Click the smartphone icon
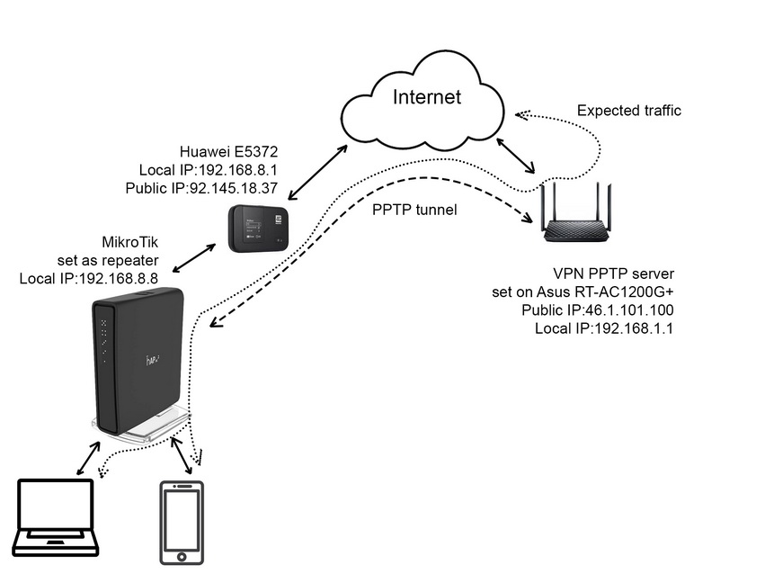[181, 523]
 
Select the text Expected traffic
[628, 111]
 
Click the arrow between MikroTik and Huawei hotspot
[195, 258]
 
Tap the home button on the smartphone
[181, 557]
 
